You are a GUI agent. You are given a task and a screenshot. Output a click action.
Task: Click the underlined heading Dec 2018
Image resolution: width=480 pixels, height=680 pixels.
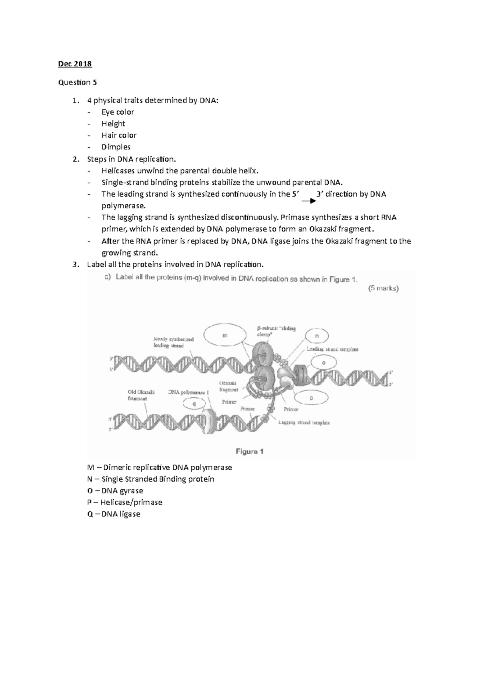[75, 64]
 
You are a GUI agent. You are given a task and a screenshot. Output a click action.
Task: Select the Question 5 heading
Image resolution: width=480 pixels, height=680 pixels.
[77, 82]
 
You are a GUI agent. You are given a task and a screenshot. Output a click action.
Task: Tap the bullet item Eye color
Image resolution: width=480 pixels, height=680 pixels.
[118, 112]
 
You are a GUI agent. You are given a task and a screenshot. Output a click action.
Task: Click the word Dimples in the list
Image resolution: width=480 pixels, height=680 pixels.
[116, 147]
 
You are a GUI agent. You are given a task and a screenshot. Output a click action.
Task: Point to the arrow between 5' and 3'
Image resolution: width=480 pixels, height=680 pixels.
[308, 201]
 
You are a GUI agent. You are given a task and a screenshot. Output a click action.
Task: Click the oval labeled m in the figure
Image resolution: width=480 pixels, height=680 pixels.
[225, 336]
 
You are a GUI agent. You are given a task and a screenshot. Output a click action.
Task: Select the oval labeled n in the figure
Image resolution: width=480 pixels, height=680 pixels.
[317, 336]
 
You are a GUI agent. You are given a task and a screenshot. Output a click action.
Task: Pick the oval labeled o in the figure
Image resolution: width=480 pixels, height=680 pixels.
[324, 363]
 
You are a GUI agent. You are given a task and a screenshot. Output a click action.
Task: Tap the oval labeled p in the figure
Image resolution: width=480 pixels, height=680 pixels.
[311, 398]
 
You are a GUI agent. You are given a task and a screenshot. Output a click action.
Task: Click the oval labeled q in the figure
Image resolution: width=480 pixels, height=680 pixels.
[194, 404]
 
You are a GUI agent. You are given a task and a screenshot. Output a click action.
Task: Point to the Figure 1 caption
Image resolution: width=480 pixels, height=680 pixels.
[250, 451]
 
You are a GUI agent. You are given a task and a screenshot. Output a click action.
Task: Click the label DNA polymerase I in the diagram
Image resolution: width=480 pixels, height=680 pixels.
[189, 392]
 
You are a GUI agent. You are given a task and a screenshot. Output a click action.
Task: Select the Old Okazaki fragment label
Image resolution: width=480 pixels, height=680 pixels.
[141, 395]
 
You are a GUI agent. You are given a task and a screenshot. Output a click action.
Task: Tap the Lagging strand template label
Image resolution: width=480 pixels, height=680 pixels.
[304, 422]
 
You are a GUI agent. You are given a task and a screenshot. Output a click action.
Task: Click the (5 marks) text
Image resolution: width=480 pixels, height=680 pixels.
[383, 288]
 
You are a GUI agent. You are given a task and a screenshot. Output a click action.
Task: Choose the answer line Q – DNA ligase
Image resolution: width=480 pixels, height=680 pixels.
[114, 514]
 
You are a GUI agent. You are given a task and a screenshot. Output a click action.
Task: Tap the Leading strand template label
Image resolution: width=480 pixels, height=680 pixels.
[332, 349]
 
